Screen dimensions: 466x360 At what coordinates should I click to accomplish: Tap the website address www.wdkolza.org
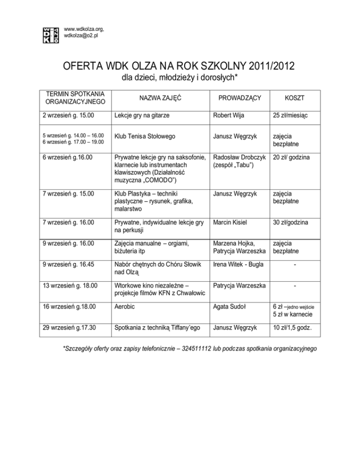pyautogui.click(x=83, y=29)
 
